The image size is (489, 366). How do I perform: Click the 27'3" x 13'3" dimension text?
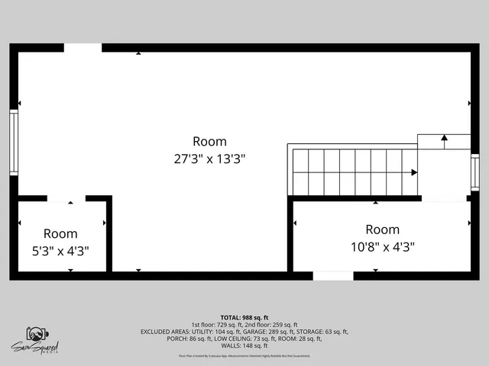(209, 159)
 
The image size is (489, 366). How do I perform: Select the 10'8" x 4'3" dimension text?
(382, 246)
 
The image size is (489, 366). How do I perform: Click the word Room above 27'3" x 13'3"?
(209, 141)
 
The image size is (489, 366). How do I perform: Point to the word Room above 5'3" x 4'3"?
(60, 233)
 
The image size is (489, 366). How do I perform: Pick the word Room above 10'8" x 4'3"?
(382, 230)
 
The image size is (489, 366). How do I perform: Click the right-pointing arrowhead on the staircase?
(414, 172)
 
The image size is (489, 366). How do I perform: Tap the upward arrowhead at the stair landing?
(444, 138)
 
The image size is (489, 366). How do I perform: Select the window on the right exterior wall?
(474, 172)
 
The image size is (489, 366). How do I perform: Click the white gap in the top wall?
(83, 47)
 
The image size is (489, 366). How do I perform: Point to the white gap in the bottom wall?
(333, 275)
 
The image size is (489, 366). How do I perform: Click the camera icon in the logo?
(37, 334)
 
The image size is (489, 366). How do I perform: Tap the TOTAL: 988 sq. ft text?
(244, 317)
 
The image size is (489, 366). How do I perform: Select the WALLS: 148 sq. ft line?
(244, 345)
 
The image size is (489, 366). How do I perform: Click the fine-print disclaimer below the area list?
(244, 356)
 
